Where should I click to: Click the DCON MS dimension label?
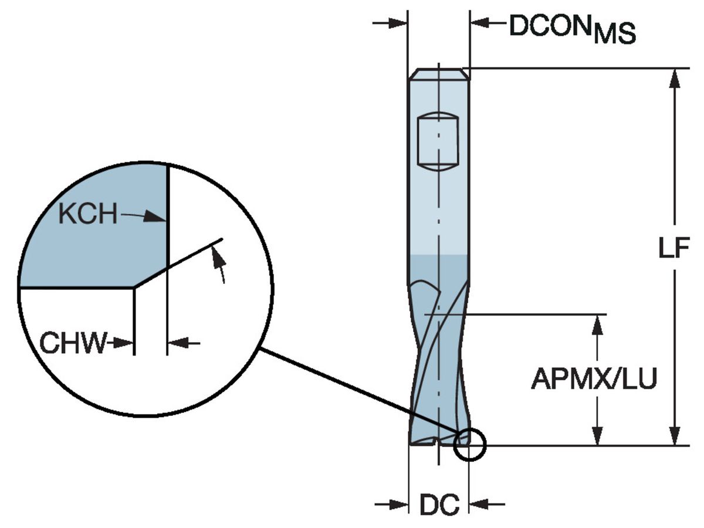pyautogui.click(x=572, y=28)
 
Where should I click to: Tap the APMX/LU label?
pyautogui.click(x=594, y=379)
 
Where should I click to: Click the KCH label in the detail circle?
pyautogui.click(x=87, y=215)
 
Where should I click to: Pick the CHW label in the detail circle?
pyautogui.click(x=73, y=343)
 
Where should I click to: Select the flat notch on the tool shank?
pyautogui.click(x=438, y=141)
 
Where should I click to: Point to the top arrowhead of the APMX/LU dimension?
pyautogui.click(x=598, y=321)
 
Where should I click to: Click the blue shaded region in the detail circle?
pyautogui.click(x=94, y=246)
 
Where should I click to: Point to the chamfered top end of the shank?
pyautogui.click(x=438, y=73)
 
